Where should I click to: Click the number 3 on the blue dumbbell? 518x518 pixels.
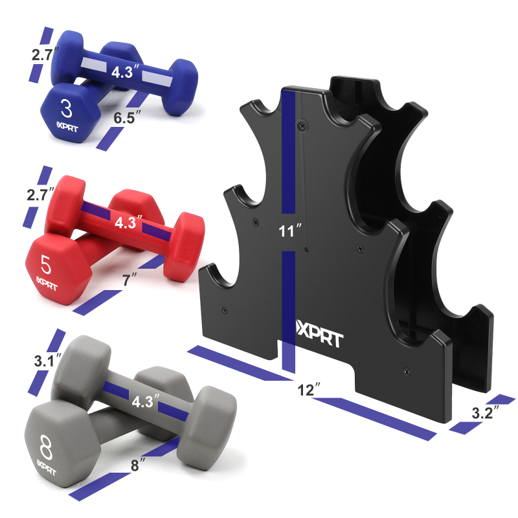tap(67, 109)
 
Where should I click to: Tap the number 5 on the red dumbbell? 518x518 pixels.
tap(46, 264)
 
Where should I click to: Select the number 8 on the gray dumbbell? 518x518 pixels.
tap(46, 447)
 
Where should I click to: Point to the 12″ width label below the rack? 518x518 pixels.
tap(309, 390)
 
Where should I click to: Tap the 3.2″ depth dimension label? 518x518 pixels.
tap(485, 412)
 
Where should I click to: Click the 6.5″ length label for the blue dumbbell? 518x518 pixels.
tap(127, 117)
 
